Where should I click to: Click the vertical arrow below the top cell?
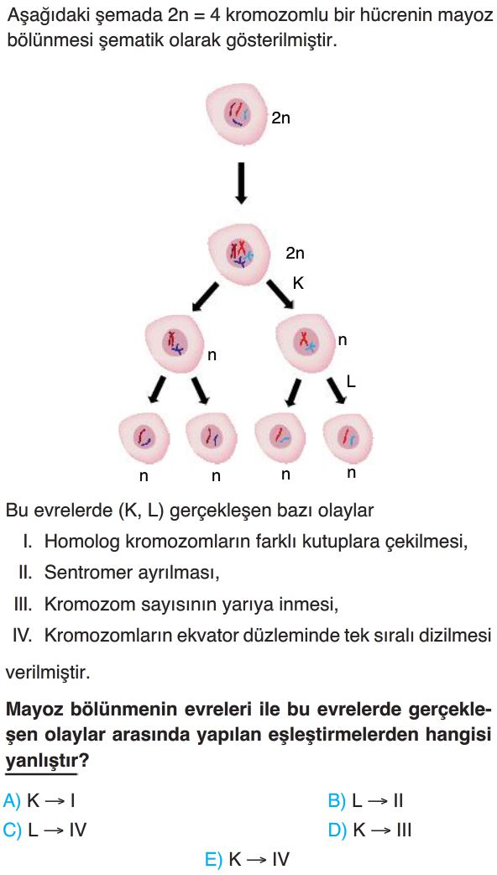click(x=240, y=184)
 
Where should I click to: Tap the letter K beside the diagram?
click(x=298, y=284)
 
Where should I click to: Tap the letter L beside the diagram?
click(x=351, y=381)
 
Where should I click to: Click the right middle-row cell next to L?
click(x=306, y=341)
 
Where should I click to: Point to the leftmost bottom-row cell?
click(x=144, y=438)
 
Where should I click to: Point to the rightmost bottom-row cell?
click(x=348, y=437)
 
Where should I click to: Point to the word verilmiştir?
click(x=47, y=672)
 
